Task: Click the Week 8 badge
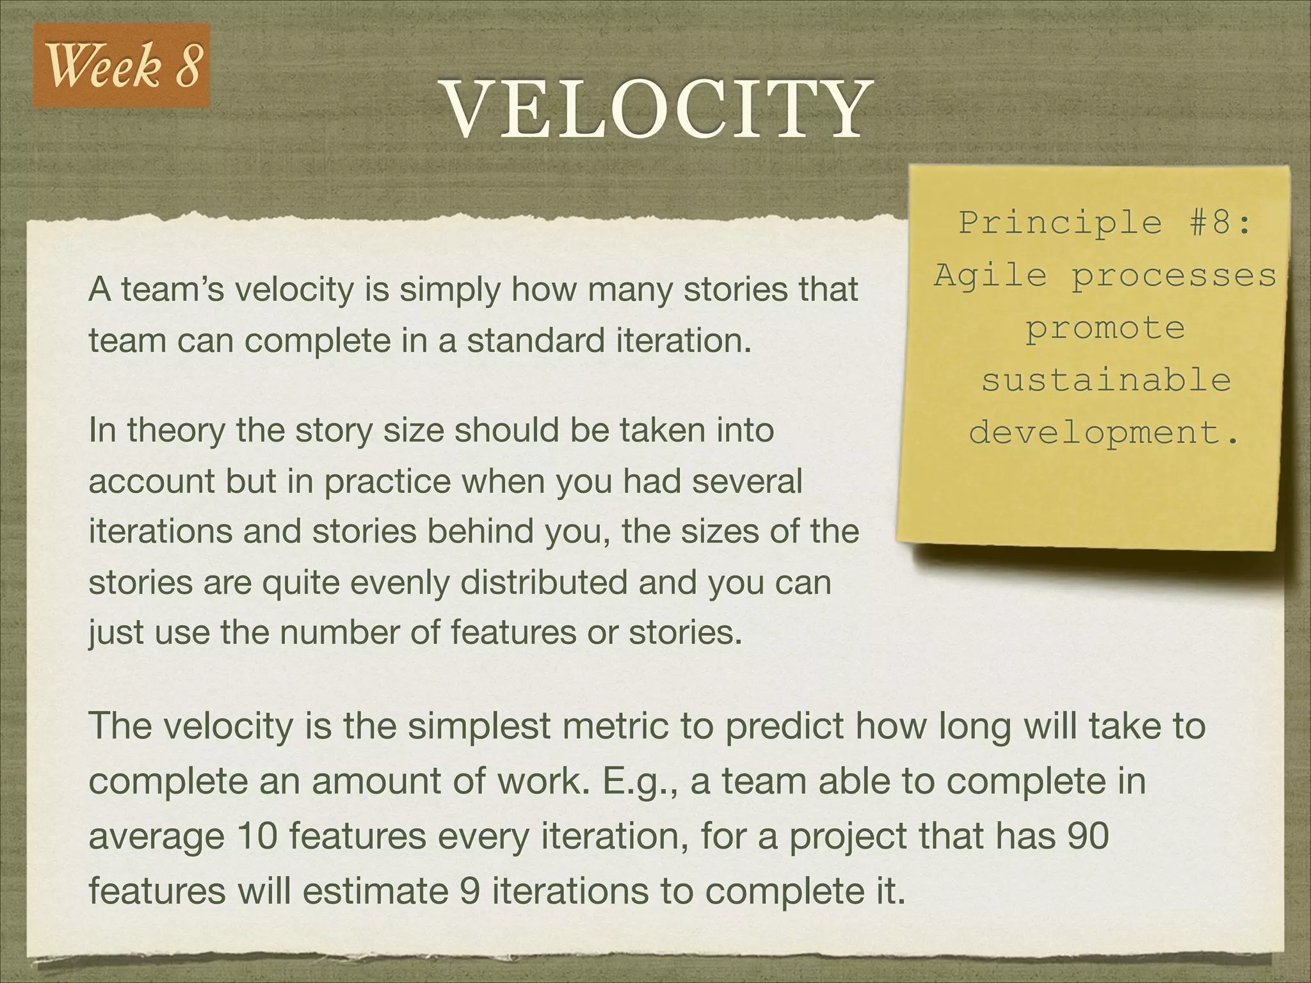click(x=122, y=66)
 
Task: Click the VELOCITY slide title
click(x=657, y=109)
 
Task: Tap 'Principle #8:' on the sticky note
click(x=1105, y=223)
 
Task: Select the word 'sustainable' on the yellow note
click(x=1106, y=380)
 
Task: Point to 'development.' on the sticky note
click(x=1105, y=433)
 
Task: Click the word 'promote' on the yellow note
click(x=1106, y=328)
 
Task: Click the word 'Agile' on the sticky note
click(x=990, y=276)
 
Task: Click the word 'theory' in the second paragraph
click(x=175, y=431)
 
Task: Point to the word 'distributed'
click(x=543, y=582)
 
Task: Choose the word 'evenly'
click(x=407, y=582)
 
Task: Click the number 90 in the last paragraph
click(x=1088, y=836)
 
